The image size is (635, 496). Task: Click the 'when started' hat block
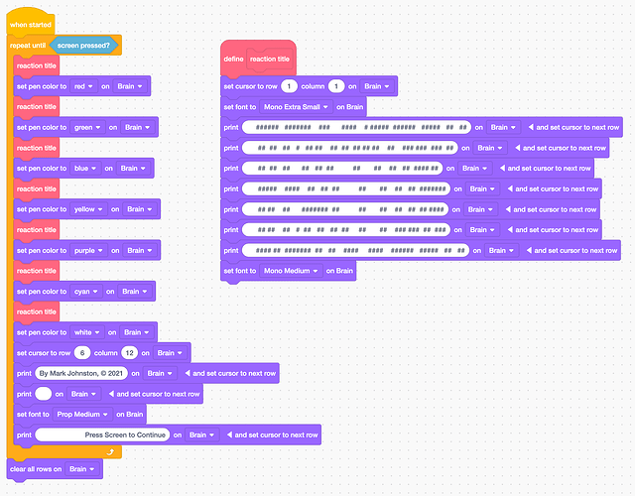(29, 24)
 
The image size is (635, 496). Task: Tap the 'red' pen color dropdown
(84, 86)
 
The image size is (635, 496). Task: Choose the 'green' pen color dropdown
(88, 128)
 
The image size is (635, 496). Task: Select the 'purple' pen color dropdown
(90, 251)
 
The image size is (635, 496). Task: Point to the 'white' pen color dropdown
(87, 332)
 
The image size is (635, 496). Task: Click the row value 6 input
(82, 353)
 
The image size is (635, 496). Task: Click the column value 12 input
(129, 353)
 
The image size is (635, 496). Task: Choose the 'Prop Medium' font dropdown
(82, 415)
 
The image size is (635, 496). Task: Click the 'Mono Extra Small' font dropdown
(297, 107)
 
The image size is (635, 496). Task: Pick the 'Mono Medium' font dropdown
(291, 271)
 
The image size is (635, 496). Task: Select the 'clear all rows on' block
(36, 468)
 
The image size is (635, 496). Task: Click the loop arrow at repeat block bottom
(113, 452)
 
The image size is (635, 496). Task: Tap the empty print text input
(43, 394)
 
